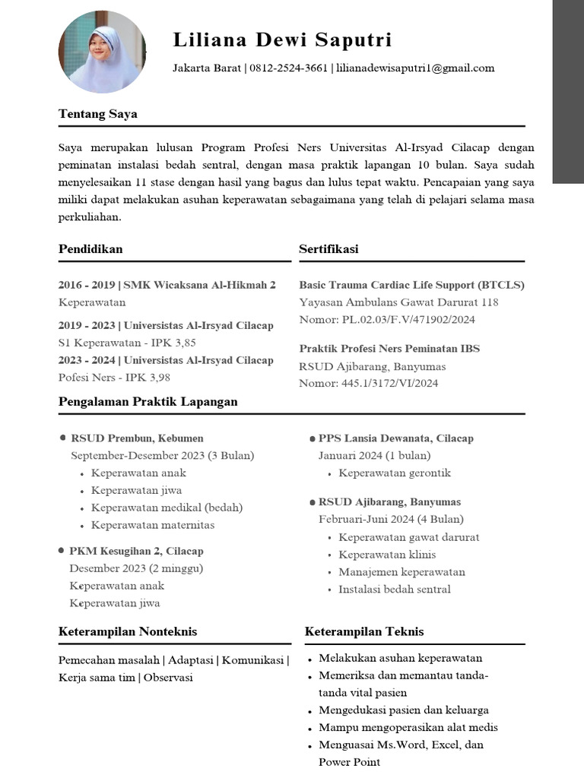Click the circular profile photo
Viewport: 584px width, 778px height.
[x=102, y=52]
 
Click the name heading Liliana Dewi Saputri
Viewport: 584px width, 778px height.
[x=282, y=40]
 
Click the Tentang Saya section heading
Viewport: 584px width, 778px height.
[x=97, y=114]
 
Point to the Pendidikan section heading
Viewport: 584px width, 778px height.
[x=90, y=249]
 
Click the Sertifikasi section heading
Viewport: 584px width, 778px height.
[x=328, y=249]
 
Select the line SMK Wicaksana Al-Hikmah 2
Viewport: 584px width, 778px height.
[x=199, y=285]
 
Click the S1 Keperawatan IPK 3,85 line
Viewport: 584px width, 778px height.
[x=127, y=343]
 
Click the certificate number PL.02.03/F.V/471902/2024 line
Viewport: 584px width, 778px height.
[x=387, y=320]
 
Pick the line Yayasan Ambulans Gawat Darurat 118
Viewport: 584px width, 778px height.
[x=398, y=302]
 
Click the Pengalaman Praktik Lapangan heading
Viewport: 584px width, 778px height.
[x=148, y=402]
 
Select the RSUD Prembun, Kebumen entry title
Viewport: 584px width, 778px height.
[x=137, y=438]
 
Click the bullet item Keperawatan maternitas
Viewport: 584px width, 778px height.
[x=153, y=525]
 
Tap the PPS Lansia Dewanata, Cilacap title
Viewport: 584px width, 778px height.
[x=395, y=438]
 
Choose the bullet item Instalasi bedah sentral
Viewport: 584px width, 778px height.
[x=394, y=590]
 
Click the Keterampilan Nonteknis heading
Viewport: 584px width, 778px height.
[x=127, y=631]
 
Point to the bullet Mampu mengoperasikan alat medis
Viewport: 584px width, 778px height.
[x=408, y=728]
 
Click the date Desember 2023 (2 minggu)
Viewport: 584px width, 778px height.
[x=136, y=568]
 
